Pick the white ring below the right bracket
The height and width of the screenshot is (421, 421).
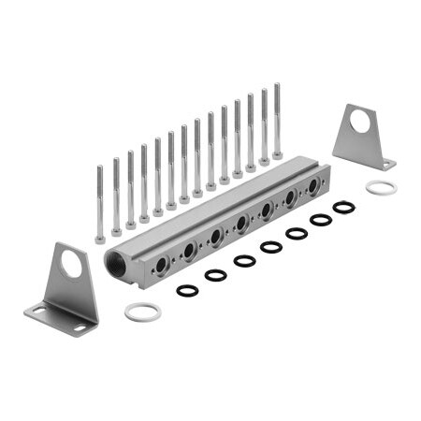(381, 188)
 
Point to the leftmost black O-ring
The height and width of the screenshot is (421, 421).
(187, 290)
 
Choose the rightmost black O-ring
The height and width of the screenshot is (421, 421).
(343, 207)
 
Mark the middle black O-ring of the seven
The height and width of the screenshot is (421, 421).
(271, 247)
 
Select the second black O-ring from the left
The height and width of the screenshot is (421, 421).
(215, 275)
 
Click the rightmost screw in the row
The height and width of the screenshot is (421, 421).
(277, 122)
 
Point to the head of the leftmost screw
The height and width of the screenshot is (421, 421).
(100, 238)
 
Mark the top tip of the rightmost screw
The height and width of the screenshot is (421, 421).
(277, 86)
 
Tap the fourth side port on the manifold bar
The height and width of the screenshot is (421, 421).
(241, 223)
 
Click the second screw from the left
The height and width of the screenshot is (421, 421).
(116, 196)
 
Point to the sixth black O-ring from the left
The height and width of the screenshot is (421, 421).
(321, 219)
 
